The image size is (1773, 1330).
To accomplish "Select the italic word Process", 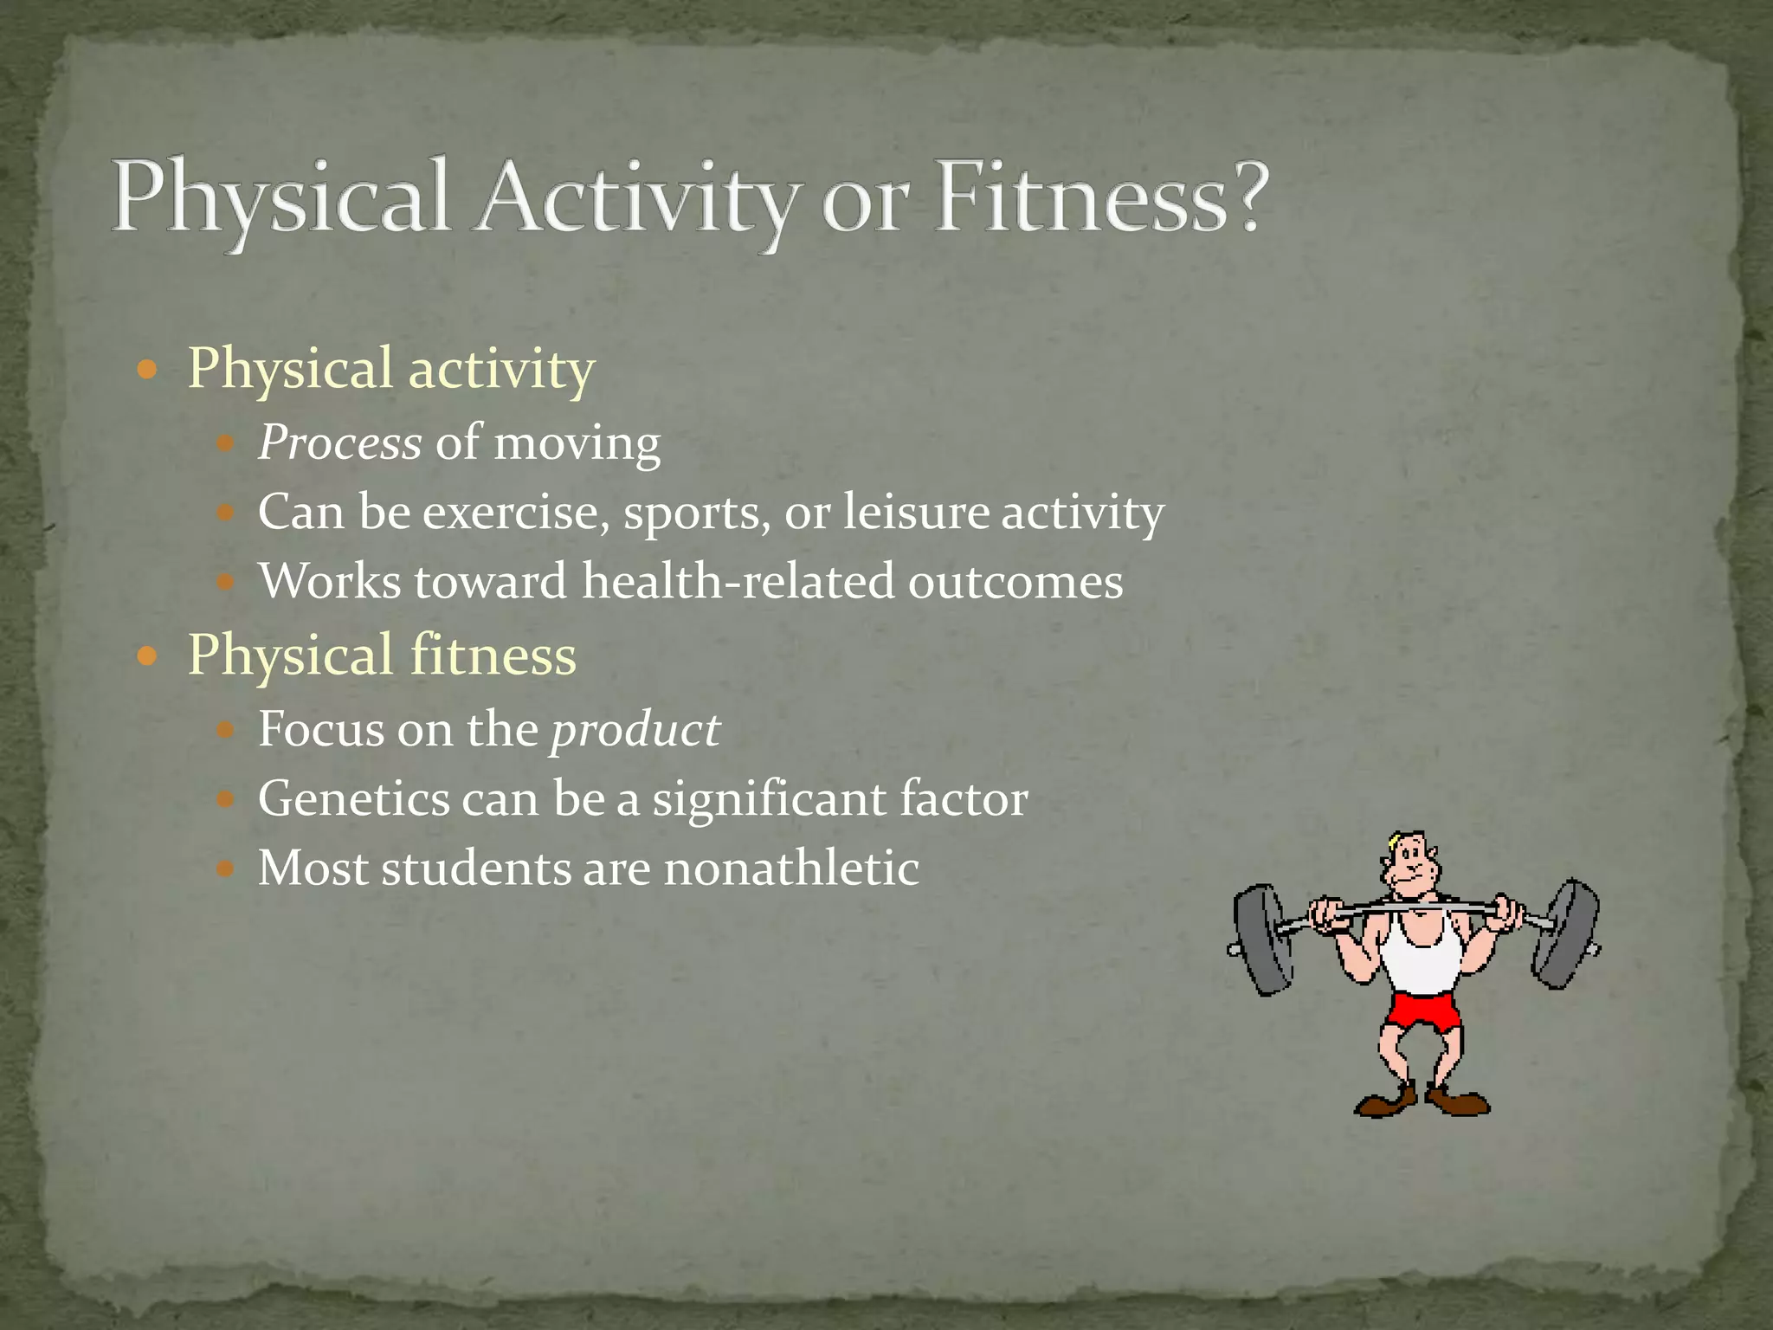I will pos(339,444).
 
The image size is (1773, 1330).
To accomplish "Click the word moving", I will pos(577,444).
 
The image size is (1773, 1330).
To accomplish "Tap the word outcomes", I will pos(1015,582).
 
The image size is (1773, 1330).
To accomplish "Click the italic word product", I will pos(635,730).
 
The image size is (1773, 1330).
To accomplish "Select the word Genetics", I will pos(353,799).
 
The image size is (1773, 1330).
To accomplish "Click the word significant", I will pos(769,799).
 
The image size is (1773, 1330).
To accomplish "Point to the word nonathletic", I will pos(790,868).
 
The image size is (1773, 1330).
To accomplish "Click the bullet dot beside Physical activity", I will pos(147,371).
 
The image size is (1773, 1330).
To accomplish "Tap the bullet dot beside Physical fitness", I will pos(147,656).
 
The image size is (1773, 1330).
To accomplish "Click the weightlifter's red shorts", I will pos(1421,1011).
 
